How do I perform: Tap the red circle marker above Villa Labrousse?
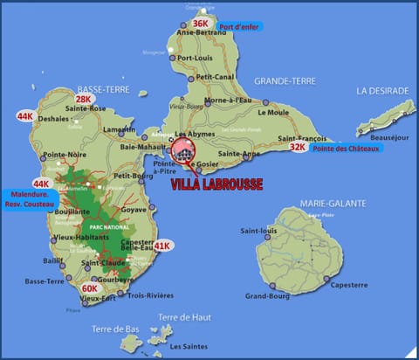(x=184, y=150)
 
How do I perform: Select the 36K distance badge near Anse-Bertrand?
(x=201, y=24)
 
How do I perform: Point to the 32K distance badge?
(x=299, y=147)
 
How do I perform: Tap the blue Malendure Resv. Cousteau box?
(x=30, y=198)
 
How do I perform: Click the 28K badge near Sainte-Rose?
(x=84, y=100)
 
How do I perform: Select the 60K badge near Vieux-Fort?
(x=90, y=287)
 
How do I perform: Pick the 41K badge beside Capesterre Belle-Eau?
(x=161, y=246)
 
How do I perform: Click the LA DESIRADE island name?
(x=381, y=90)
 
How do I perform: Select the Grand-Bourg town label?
(x=267, y=295)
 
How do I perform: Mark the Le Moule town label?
(x=273, y=112)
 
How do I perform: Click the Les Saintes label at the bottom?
(x=188, y=346)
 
